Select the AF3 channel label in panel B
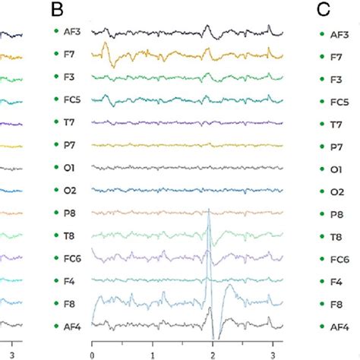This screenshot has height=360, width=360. click(x=74, y=33)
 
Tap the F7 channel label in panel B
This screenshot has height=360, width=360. click(x=71, y=55)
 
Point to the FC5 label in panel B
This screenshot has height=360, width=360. click(x=74, y=100)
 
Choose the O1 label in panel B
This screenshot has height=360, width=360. click(x=71, y=169)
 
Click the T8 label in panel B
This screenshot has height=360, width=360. click(x=71, y=236)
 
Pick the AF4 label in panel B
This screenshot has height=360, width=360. click(x=74, y=327)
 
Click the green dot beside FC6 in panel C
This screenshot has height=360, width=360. click(x=322, y=259)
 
